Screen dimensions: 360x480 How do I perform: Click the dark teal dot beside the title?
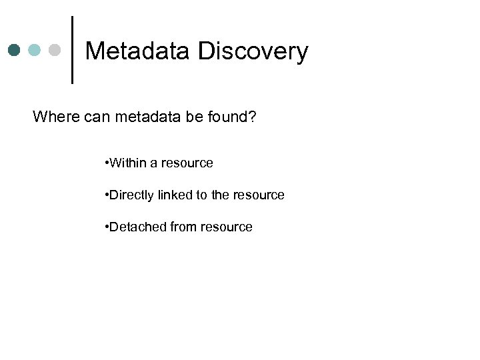15,51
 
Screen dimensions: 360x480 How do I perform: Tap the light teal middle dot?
35,51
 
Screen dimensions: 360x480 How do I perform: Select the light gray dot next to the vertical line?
55,51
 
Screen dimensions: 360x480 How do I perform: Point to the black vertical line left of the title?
71,50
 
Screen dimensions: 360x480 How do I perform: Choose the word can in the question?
97,117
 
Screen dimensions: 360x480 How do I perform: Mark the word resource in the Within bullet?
187,163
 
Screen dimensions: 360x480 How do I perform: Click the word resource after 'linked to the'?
259,195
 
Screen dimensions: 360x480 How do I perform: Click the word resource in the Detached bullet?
227,227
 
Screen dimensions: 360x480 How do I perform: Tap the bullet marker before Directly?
107,195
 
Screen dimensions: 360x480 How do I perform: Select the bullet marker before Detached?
107,227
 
